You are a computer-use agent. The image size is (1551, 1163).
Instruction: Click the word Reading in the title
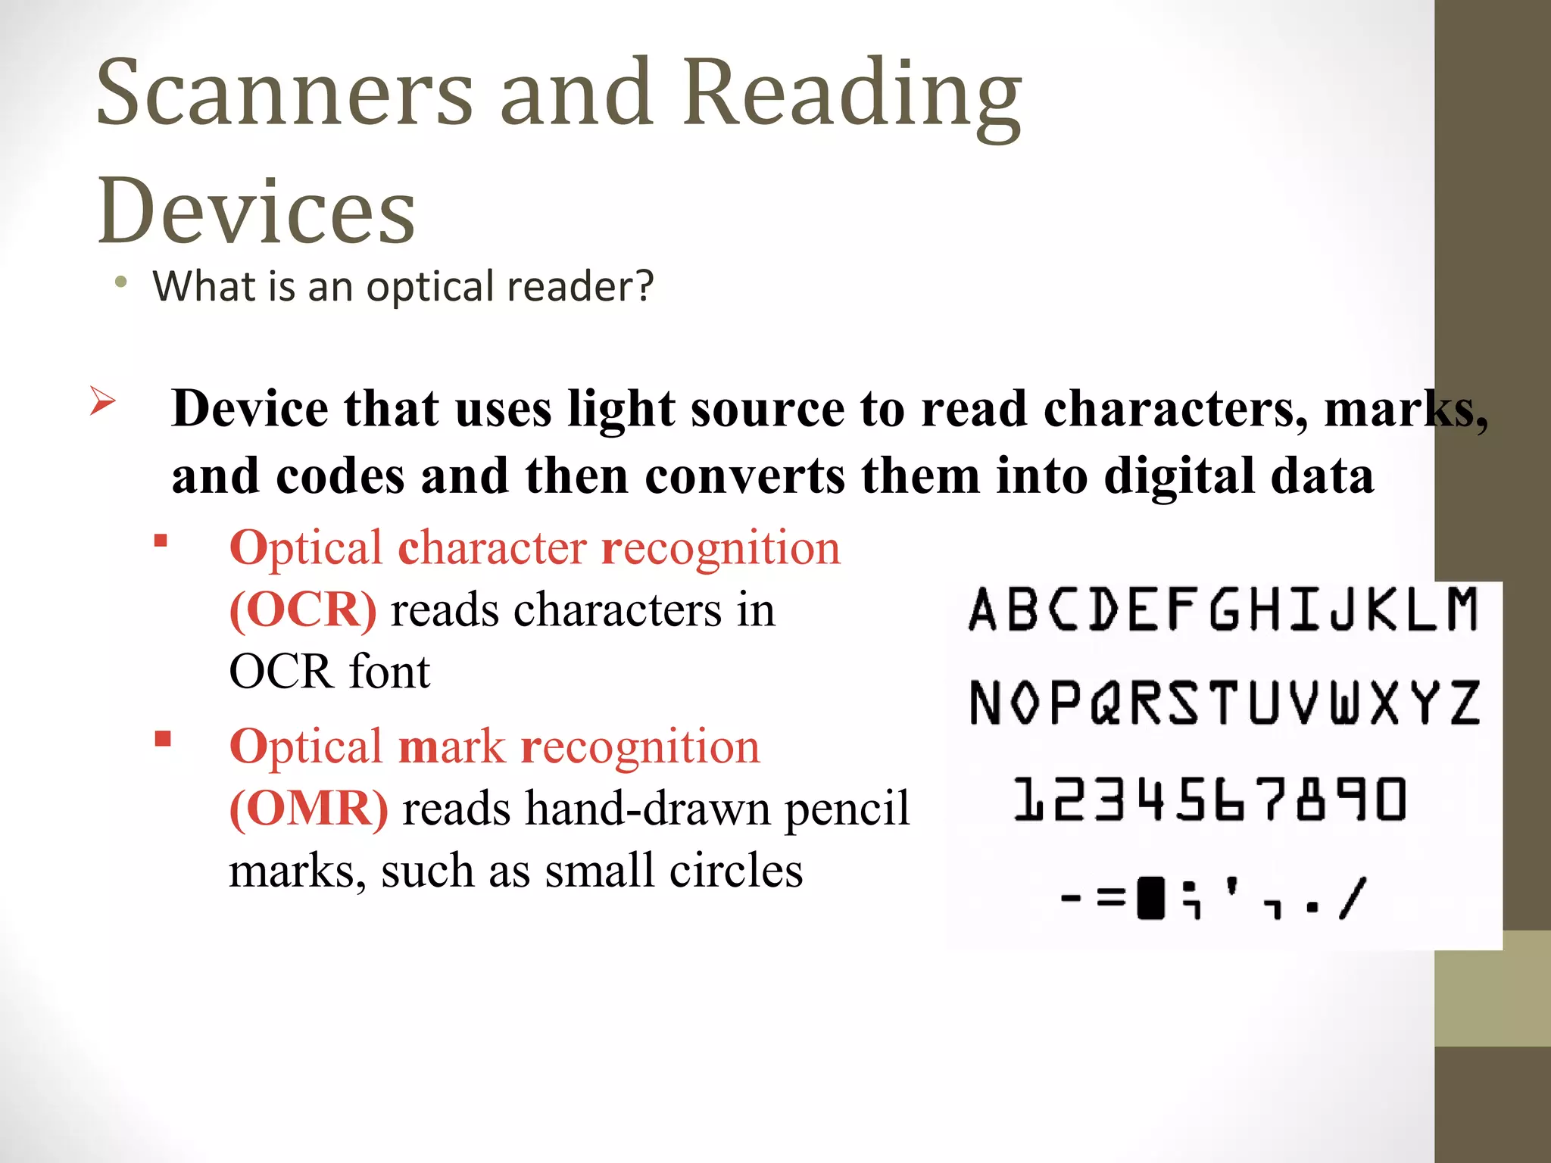point(851,95)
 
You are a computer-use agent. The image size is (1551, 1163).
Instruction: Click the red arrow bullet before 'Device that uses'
point(102,401)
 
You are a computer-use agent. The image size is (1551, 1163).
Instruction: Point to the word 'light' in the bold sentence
point(620,409)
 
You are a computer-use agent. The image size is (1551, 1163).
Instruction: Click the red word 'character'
point(492,547)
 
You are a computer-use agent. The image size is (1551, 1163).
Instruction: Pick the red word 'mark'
point(451,747)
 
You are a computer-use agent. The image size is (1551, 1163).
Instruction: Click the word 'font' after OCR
point(389,672)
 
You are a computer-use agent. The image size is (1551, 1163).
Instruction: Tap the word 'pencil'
point(847,809)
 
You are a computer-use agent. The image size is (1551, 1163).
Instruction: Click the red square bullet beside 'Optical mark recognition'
point(163,739)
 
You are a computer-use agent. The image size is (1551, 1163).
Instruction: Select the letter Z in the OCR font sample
point(1465,702)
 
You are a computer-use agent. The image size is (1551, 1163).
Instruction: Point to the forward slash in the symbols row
point(1352,898)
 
